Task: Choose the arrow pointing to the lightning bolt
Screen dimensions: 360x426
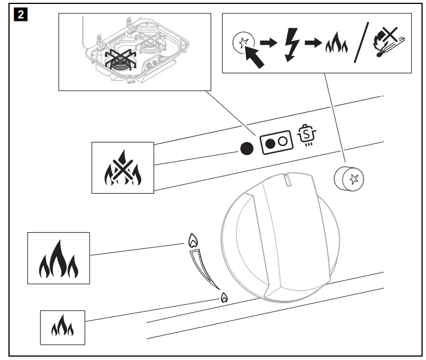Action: pyautogui.click(x=272, y=43)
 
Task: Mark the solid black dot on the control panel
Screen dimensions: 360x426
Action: pyautogui.click(x=245, y=149)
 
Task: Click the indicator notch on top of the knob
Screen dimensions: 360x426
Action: pyautogui.click(x=289, y=181)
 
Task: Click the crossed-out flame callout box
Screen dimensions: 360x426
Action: pyautogui.click(x=123, y=167)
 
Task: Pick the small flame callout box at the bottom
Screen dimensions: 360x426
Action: pyautogui.click(x=62, y=327)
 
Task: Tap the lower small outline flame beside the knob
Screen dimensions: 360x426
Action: pyautogui.click(x=224, y=297)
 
